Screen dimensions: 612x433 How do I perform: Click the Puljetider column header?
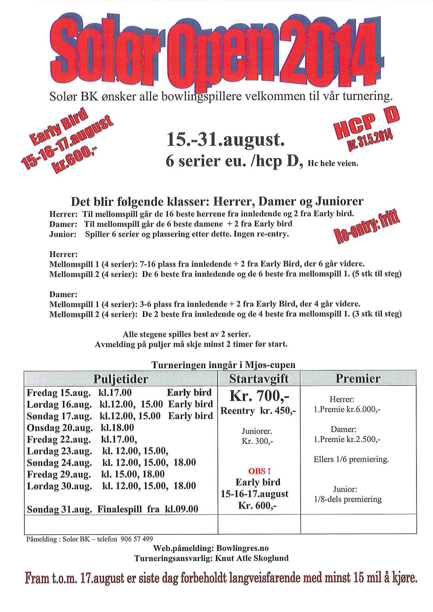[121, 379]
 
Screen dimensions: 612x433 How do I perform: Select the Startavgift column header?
[259, 379]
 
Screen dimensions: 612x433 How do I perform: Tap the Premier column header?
[358, 378]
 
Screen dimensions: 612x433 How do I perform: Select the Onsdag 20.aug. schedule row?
[80, 428]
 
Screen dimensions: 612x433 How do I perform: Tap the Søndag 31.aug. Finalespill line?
[113, 509]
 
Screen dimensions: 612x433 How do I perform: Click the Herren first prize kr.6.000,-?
[347, 409]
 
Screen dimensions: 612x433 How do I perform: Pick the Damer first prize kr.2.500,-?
[347, 439]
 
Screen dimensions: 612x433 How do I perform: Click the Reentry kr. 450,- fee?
[258, 411]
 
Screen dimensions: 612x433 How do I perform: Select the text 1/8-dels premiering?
[348, 499]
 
